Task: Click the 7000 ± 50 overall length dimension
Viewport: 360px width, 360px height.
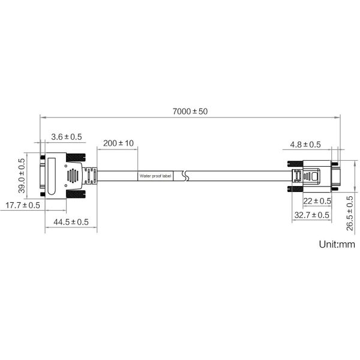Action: (190, 112)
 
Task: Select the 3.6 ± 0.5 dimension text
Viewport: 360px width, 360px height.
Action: (67, 137)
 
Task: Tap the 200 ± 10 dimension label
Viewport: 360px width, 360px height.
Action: (118, 143)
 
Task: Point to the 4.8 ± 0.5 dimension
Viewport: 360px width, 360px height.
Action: (305, 145)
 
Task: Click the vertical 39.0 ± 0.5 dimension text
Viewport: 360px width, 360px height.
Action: (22, 176)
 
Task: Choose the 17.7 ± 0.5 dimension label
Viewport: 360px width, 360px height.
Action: (23, 205)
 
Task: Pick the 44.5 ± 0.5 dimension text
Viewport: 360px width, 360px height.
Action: (71, 222)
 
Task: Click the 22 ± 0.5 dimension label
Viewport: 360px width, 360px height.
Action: (317, 201)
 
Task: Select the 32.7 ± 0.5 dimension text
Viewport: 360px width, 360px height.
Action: (312, 215)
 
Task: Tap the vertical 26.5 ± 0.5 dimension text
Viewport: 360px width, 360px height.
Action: (350, 213)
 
